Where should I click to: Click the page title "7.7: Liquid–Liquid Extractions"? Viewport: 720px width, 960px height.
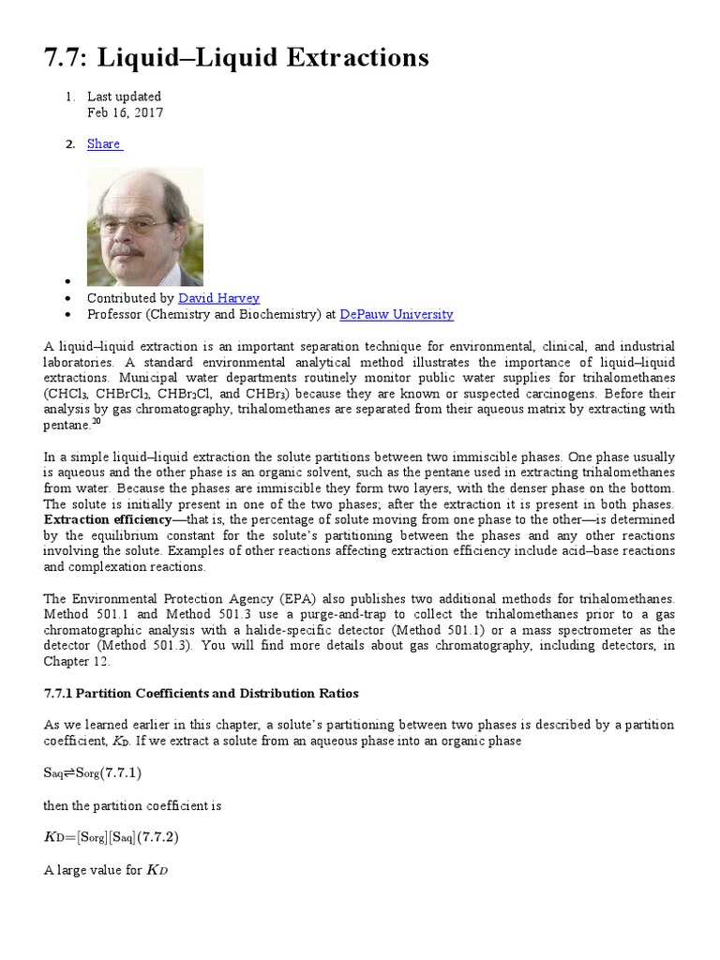coord(236,58)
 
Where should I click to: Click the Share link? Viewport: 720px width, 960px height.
coord(103,143)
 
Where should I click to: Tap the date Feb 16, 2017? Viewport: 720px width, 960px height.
coord(125,112)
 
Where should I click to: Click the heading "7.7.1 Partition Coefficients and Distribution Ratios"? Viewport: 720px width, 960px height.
coord(202,694)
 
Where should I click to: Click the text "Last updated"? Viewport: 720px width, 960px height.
coord(124,96)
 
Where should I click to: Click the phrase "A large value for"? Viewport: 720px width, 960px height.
coord(93,870)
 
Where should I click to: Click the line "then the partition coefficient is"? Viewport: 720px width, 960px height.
coord(132,805)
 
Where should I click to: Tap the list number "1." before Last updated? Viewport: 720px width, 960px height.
coord(68,96)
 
